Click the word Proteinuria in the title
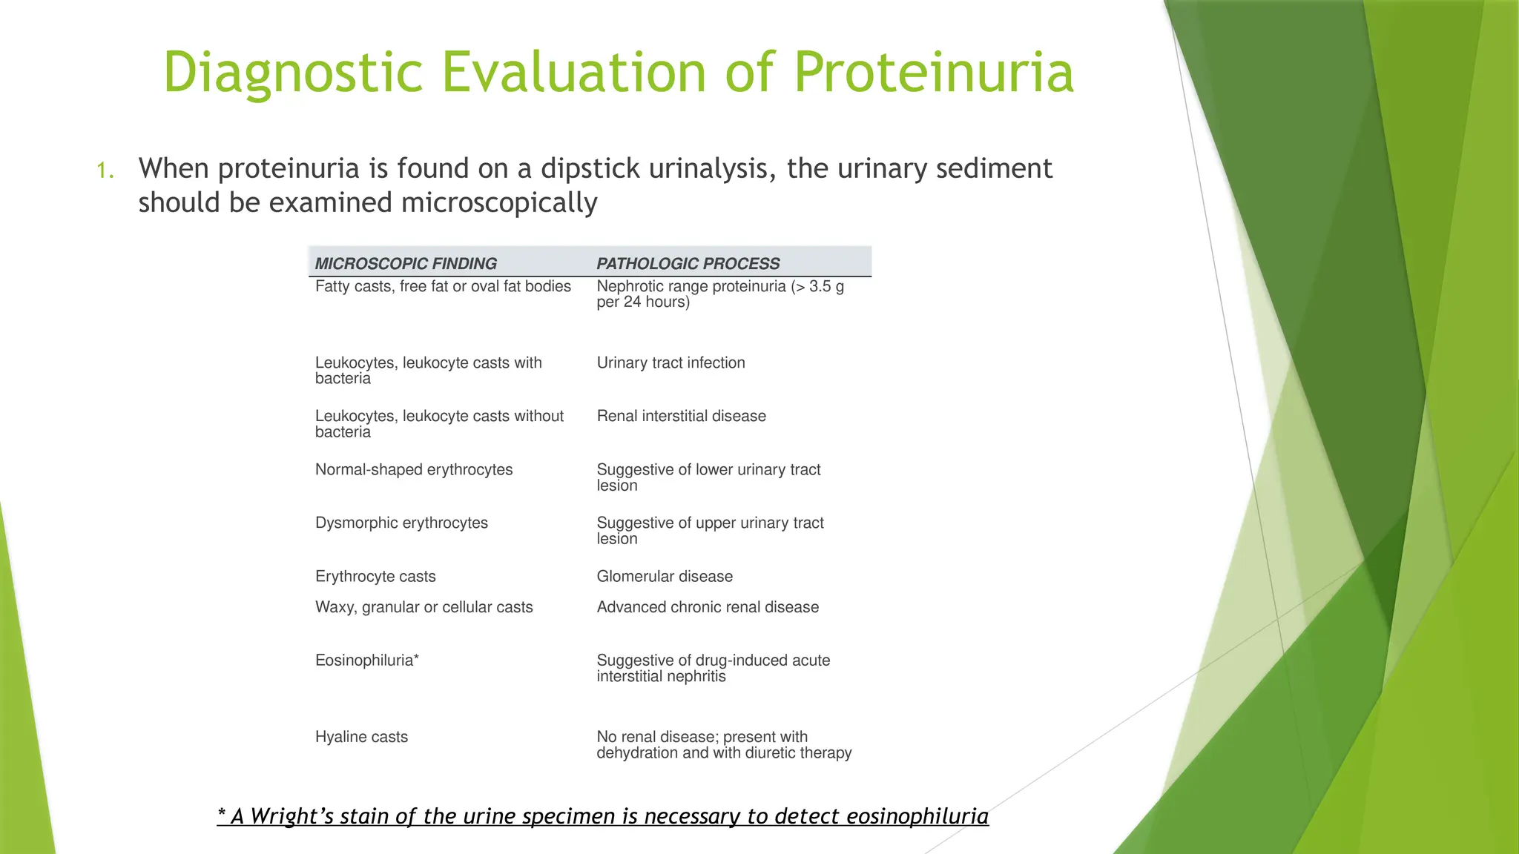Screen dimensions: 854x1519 933,73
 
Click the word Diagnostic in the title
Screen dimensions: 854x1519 292,73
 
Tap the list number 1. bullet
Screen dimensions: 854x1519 105,171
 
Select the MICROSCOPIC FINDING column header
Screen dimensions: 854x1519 406,263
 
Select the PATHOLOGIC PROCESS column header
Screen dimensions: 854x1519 688,263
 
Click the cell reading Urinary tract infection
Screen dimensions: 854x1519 670,363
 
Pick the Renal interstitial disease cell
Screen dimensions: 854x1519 681,416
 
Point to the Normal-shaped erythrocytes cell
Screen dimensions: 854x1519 414,469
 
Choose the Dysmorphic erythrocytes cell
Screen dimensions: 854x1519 401,523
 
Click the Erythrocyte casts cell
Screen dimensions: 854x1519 375,576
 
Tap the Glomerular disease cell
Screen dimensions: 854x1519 665,576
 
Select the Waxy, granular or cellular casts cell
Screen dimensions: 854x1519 424,607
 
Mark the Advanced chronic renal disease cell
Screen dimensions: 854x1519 708,607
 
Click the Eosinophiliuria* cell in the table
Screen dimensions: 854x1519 367,661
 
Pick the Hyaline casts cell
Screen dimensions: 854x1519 361,737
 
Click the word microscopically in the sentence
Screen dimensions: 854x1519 498,203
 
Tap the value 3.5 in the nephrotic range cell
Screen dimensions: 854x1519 820,286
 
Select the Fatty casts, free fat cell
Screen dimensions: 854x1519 443,286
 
